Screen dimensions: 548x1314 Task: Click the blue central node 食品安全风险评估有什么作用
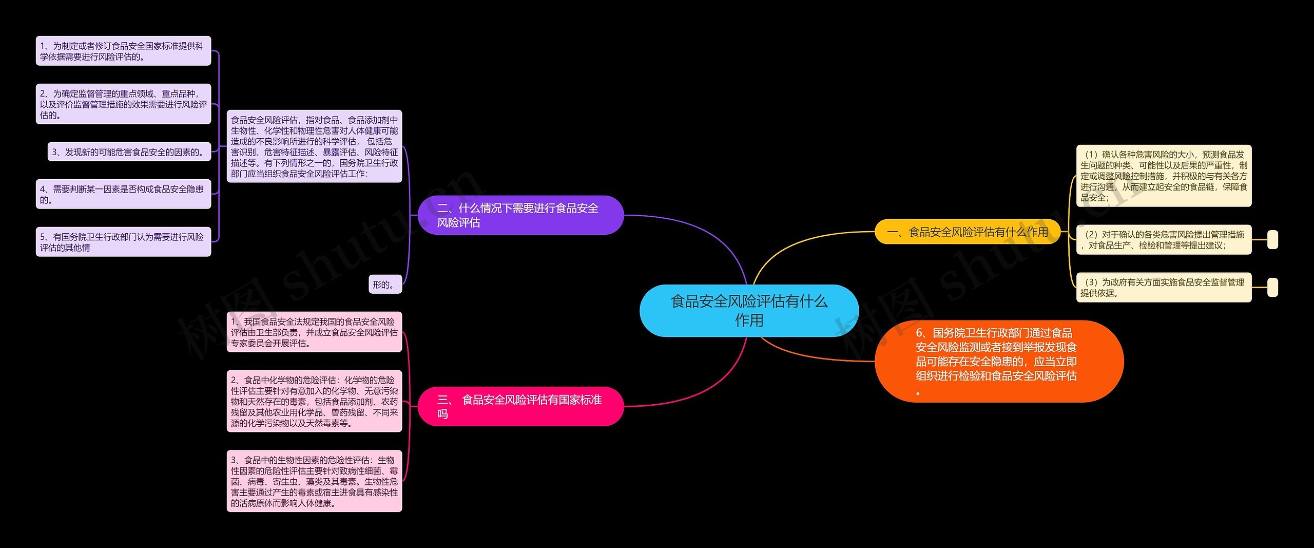coord(749,311)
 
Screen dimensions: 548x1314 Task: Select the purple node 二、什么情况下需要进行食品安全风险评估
coord(520,215)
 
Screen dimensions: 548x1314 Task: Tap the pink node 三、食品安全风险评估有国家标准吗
coord(520,406)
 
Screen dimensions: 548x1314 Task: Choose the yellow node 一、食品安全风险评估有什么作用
coord(967,232)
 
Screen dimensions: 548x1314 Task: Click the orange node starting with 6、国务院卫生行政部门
coord(998,361)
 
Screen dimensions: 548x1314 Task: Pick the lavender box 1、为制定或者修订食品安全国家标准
coord(123,51)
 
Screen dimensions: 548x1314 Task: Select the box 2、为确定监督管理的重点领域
coord(123,104)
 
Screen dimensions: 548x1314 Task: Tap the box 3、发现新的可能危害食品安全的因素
coord(129,152)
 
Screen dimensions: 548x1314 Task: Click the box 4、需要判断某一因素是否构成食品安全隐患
coord(123,194)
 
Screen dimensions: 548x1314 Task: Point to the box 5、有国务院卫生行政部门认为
coord(123,242)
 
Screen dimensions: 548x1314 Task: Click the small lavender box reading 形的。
coord(385,285)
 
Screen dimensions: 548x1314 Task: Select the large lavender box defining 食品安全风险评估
coord(314,146)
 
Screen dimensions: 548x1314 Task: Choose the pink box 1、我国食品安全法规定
coord(314,332)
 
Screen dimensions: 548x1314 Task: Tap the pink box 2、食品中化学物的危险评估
coord(314,401)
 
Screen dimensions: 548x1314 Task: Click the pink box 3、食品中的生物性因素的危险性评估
coord(314,481)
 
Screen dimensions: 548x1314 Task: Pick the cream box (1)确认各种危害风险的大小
coord(1164,176)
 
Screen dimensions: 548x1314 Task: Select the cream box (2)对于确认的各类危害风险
coord(1164,239)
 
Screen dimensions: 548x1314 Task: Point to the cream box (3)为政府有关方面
coord(1164,287)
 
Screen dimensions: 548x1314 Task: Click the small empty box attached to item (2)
coord(1272,240)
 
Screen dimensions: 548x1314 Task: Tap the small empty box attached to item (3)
coord(1272,288)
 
